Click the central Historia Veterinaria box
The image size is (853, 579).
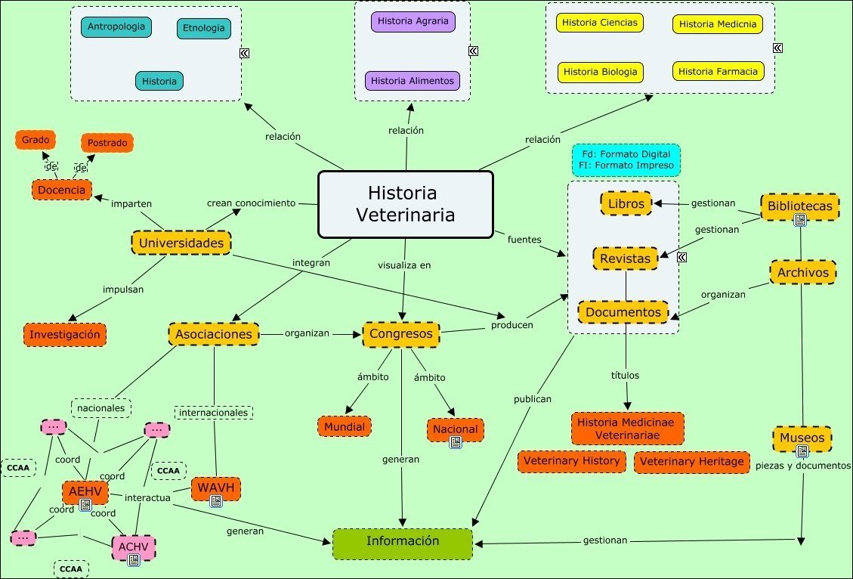point(405,203)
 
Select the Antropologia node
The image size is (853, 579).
point(116,27)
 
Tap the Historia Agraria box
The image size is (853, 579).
point(413,21)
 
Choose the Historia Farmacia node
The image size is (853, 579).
point(717,72)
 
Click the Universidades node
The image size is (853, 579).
point(181,243)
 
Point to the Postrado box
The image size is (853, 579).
point(107,142)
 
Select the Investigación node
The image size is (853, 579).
point(65,334)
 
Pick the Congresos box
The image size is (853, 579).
point(400,333)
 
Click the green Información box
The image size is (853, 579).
point(403,542)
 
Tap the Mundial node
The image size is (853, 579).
point(345,426)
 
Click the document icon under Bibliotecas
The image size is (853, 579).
point(799,220)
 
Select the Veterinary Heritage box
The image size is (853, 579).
point(691,461)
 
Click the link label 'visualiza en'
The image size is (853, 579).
point(404,265)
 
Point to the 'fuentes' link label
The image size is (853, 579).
point(524,240)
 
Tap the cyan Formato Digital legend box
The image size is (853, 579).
point(626,160)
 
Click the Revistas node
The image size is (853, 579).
point(625,259)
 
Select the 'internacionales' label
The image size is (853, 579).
point(214,413)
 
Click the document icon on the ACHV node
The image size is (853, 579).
point(134,560)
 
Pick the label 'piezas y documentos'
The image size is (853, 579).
point(802,466)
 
